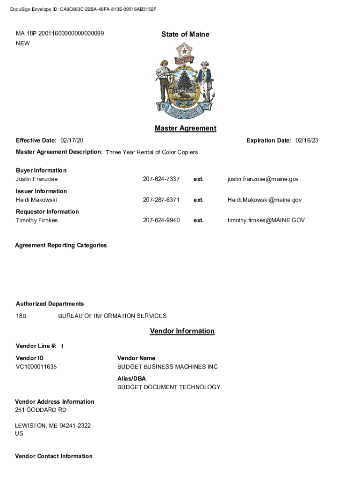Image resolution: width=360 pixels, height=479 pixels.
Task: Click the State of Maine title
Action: (x=185, y=34)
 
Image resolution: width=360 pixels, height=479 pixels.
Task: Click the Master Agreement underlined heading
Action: (x=185, y=128)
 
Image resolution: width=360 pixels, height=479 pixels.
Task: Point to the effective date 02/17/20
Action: (x=72, y=140)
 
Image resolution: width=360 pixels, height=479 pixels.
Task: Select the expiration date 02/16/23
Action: (x=307, y=140)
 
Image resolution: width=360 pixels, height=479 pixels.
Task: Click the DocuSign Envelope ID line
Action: (x=83, y=9)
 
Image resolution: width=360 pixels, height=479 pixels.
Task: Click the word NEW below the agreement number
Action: (x=23, y=44)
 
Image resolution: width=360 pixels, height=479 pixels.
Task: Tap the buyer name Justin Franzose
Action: (x=37, y=179)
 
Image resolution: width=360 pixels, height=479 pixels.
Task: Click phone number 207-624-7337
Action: (x=161, y=179)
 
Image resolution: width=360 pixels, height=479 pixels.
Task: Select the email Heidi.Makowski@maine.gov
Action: (x=264, y=200)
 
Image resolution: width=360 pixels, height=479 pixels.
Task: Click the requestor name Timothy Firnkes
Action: (x=37, y=220)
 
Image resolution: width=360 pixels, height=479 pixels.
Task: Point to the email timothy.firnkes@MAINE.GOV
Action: (x=266, y=220)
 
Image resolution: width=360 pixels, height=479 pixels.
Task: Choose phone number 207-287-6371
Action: (x=161, y=200)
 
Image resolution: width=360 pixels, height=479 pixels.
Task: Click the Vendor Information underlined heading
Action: (x=182, y=331)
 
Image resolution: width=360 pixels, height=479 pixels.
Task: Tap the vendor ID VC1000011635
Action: (x=36, y=367)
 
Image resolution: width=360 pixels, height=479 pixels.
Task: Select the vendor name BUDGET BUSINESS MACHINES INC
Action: (x=167, y=367)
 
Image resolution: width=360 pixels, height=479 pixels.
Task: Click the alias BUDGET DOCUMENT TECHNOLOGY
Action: (x=169, y=387)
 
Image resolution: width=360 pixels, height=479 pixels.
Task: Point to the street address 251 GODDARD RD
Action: (x=41, y=410)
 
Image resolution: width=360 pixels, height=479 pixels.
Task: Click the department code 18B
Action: (x=22, y=316)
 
